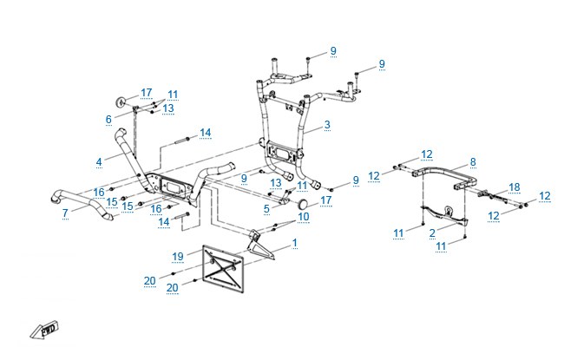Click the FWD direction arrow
[x=44, y=330]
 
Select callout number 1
[x=295, y=243]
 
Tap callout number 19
[x=178, y=257]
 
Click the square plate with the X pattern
[x=223, y=269]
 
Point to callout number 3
[x=327, y=125]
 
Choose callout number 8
[x=473, y=162]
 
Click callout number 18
[x=515, y=187]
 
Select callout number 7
[x=65, y=213]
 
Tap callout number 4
[x=99, y=162]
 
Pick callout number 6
[x=108, y=120]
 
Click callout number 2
[x=432, y=233]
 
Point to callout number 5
[x=266, y=208]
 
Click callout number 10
[x=304, y=217]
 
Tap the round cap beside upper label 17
[x=120, y=101]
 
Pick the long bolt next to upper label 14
[x=183, y=140]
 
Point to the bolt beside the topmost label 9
[x=308, y=61]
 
